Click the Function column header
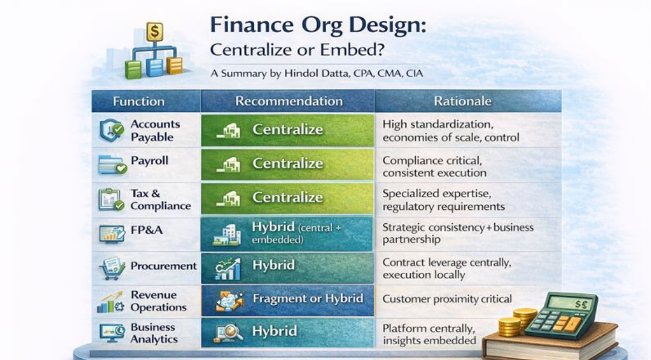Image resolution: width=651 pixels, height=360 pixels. click(139, 101)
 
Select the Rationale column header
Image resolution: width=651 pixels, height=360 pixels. click(462, 101)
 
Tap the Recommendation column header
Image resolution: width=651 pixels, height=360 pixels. click(289, 101)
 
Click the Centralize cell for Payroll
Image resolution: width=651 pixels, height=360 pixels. click(287, 164)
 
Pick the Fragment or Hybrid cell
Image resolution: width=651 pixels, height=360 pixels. click(287, 299)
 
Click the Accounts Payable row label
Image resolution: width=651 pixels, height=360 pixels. click(155, 130)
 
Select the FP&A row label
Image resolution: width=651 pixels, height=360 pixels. click(146, 230)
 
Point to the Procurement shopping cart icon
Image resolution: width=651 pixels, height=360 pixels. click(111, 268)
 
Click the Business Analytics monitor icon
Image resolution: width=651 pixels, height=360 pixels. click(112, 333)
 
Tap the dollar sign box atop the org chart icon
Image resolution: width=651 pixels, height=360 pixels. click(154, 31)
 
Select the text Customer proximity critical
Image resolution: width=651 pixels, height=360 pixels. click(447, 299)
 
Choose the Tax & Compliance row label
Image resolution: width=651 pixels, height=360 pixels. click(160, 200)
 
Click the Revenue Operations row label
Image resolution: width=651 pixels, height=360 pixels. click(158, 301)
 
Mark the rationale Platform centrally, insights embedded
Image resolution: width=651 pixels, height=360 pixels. click(430, 334)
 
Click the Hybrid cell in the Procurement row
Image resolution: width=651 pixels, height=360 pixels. click(287, 268)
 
